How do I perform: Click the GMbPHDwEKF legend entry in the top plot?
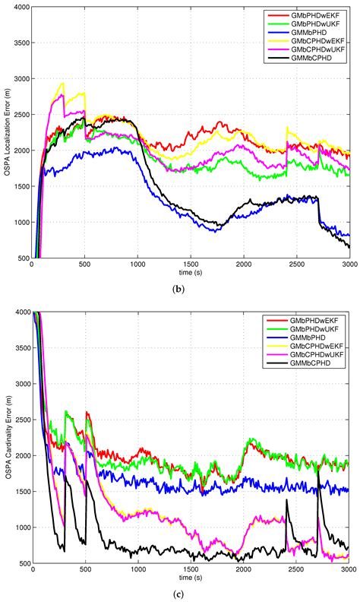click(311, 14)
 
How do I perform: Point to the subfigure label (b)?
click(191, 288)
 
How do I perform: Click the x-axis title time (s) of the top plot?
click(191, 273)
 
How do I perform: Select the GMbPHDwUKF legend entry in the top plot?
click(311, 23)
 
